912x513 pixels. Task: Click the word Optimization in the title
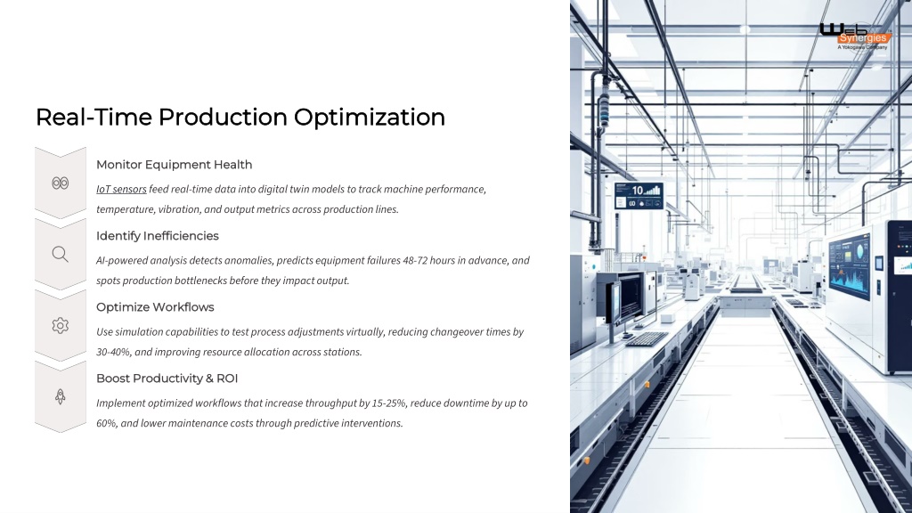coord(370,118)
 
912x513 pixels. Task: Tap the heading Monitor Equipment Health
coord(174,165)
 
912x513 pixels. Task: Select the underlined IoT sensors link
coord(121,189)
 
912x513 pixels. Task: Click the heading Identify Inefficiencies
coord(157,236)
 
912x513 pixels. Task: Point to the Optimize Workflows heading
coord(155,307)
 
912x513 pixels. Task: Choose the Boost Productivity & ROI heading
coord(167,379)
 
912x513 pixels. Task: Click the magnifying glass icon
coord(60,254)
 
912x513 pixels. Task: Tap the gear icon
coord(60,326)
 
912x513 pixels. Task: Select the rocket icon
coord(60,396)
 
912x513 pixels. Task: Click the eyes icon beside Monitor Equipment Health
coord(60,183)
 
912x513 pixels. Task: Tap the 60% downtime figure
coord(107,423)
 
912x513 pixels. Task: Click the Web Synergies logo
coord(854,36)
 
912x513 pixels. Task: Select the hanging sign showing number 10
coord(639,196)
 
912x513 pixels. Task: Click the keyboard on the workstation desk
coord(647,339)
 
